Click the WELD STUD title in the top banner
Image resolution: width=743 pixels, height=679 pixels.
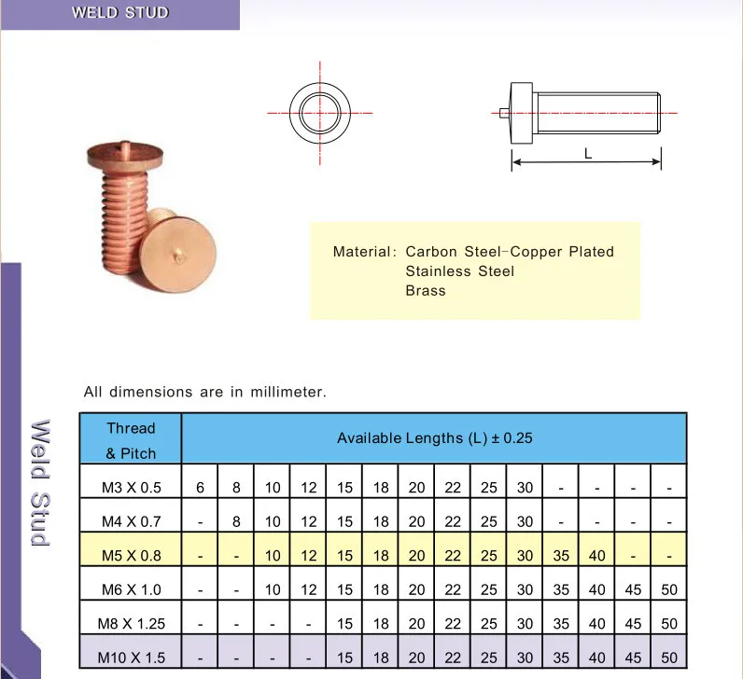[x=120, y=13]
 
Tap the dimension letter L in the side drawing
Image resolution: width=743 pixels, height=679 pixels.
[x=588, y=155]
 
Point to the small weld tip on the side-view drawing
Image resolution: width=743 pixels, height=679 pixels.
[x=504, y=114]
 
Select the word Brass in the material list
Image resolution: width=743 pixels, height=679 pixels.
[x=426, y=290]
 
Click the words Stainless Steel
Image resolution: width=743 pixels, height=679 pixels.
[x=459, y=270]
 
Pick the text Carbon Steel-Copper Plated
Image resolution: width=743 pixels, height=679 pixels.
[x=510, y=252]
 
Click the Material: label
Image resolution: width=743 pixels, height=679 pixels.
[x=365, y=252]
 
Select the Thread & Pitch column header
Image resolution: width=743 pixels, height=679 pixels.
[x=131, y=440]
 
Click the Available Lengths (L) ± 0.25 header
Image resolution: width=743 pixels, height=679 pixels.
[x=434, y=437]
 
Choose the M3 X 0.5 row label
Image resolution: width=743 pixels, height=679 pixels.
[x=131, y=487]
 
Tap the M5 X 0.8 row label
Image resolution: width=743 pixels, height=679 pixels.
[x=131, y=555]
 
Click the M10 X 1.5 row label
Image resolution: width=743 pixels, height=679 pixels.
[x=131, y=658]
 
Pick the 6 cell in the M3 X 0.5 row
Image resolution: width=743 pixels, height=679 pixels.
[x=200, y=487]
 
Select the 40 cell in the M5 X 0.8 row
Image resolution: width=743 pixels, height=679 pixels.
[x=597, y=555]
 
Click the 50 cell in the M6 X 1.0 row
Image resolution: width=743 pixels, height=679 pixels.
[x=669, y=589]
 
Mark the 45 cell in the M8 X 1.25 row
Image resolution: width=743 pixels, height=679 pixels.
[x=633, y=623]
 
